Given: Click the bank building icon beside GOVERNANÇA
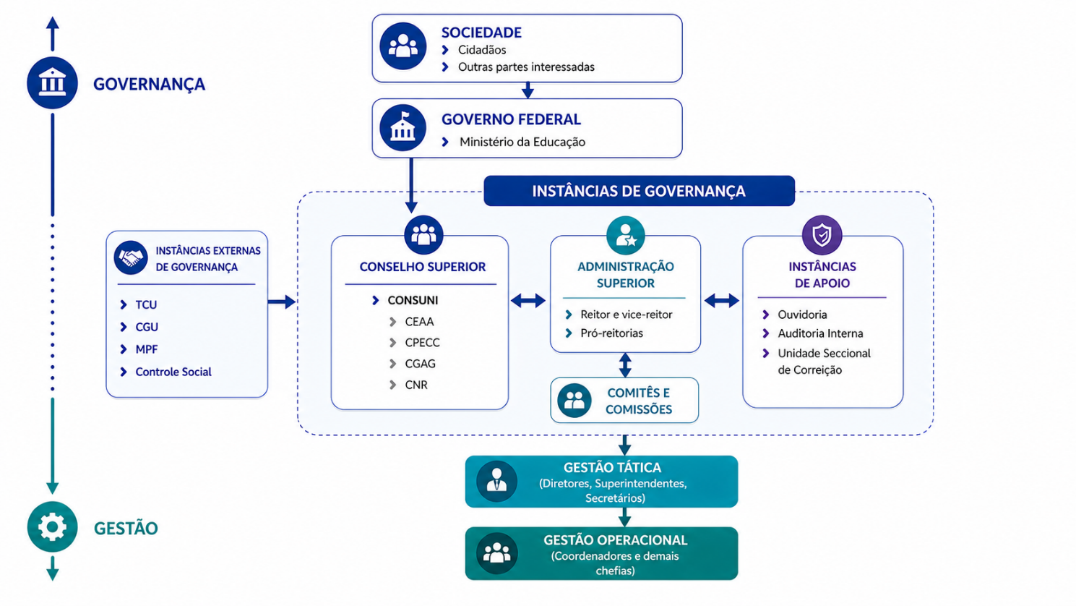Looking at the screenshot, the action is (52, 82).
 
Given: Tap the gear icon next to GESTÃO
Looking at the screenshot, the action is (52, 526).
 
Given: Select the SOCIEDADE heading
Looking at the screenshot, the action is (481, 33).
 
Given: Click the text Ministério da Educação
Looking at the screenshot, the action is (522, 142).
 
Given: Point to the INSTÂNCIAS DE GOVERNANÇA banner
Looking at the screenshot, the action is (639, 191).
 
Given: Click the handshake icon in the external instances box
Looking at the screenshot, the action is (131, 257).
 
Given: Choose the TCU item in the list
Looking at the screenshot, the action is (146, 304).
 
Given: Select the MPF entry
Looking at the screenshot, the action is (147, 349).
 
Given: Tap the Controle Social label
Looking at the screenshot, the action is (173, 372).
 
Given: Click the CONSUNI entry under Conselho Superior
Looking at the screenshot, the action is (413, 300).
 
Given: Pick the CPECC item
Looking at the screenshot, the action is (422, 343).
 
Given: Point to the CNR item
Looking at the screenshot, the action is (416, 385).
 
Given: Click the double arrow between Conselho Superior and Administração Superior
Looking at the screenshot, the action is (528, 301).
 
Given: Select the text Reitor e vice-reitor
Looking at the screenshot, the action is (627, 315).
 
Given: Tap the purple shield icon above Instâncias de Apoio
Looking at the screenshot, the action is (822, 235).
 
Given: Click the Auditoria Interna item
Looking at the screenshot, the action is (820, 333).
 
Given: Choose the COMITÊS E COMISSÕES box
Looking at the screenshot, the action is (624, 401).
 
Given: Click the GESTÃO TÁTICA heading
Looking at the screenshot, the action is (613, 468).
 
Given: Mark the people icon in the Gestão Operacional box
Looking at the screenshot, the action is (496, 553).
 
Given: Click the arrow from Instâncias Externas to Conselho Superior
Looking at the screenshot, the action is (282, 302).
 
